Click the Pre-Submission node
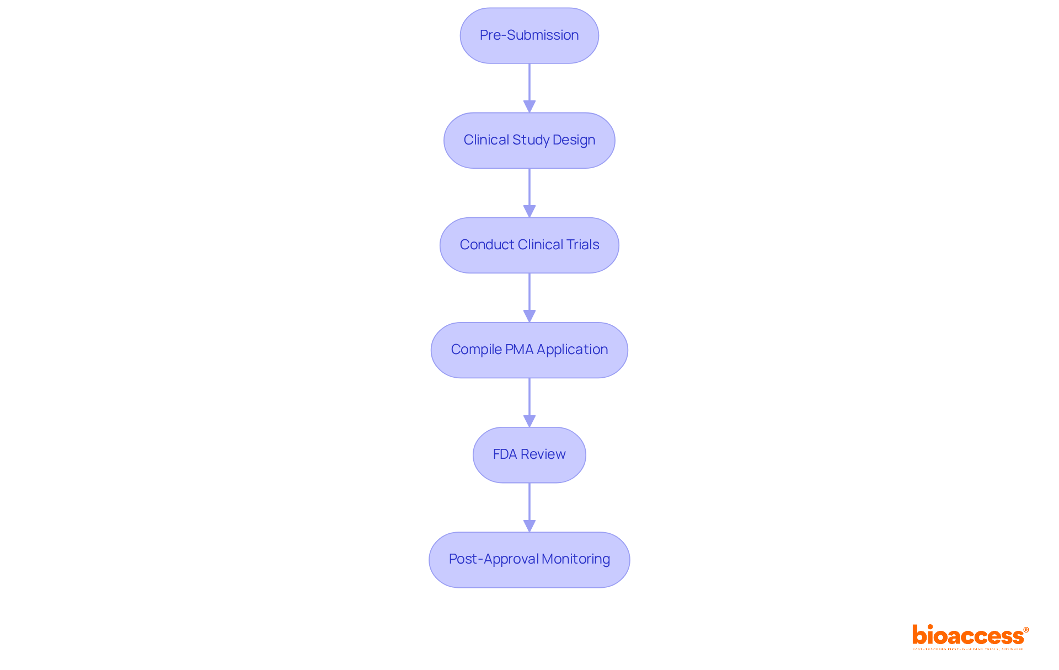(x=529, y=35)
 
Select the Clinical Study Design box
(x=529, y=140)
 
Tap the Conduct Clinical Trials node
(x=529, y=245)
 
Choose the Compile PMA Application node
(x=529, y=350)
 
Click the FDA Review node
(x=529, y=454)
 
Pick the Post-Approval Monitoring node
(x=529, y=559)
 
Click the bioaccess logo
(x=968, y=636)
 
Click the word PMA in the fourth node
(x=519, y=350)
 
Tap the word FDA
(x=505, y=454)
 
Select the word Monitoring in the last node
(x=575, y=559)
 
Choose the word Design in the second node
(x=574, y=140)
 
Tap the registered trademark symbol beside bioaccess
(x=1026, y=630)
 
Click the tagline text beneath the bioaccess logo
(x=968, y=649)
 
